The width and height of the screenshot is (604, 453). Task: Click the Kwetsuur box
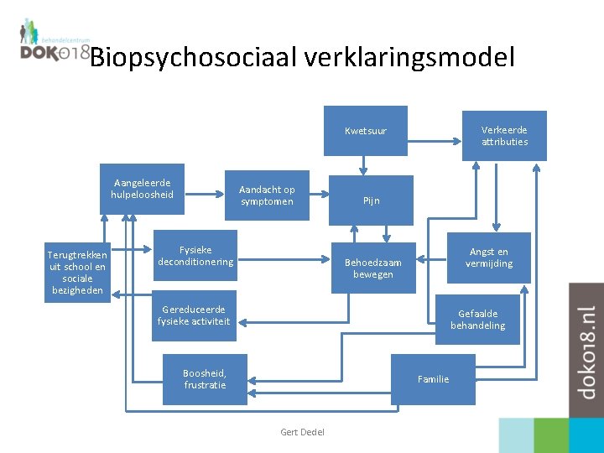(366, 131)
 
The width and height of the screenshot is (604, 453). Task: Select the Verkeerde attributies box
(504, 136)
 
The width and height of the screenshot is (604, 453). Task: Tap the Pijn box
(371, 200)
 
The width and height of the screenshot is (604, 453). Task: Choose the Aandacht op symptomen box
(267, 195)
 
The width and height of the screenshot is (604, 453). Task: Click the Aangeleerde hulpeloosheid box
(142, 189)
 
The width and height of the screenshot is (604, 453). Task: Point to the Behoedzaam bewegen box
(373, 268)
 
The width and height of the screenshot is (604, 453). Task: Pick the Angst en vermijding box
(489, 258)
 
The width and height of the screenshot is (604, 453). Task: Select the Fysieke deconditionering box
(195, 256)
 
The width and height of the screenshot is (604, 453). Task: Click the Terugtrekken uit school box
(77, 273)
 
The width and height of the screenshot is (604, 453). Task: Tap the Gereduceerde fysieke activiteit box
(193, 315)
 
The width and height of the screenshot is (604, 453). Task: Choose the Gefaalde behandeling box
(477, 320)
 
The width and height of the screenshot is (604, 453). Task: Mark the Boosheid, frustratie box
(205, 379)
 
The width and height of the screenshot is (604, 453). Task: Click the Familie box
(433, 379)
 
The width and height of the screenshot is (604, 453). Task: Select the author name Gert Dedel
(302, 432)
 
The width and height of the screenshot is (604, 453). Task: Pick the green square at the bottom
(551, 435)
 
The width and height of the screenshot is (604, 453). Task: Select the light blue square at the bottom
(516, 435)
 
